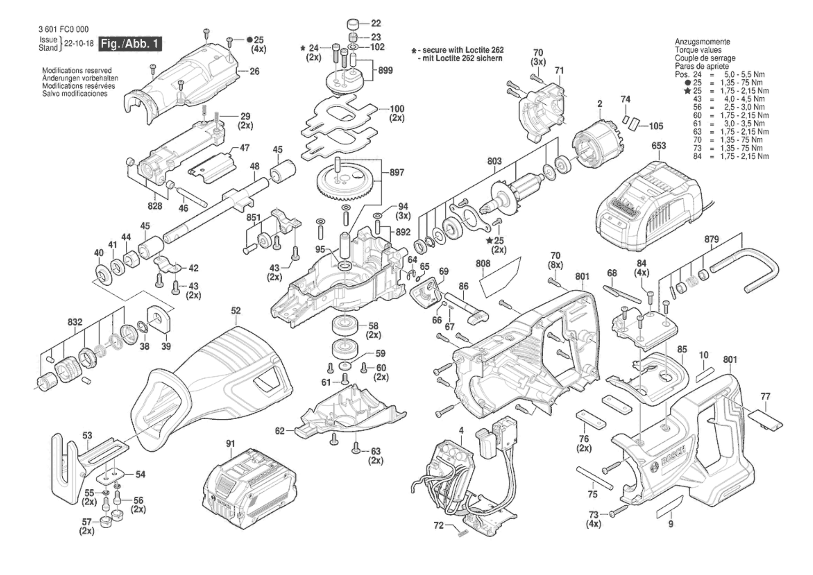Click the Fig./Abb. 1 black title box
(x=130, y=44)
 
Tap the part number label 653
(x=658, y=146)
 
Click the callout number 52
(x=236, y=311)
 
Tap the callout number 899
(x=385, y=70)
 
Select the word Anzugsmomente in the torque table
(x=702, y=42)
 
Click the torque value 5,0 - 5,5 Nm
(x=744, y=74)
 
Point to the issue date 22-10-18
(x=79, y=44)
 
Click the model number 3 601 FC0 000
(x=63, y=29)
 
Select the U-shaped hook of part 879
(x=755, y=269)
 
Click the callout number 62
(x=280, y=431)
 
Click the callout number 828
(x=155, y=206)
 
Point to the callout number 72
(x=438, y=525)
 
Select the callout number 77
(x=765, y=396)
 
